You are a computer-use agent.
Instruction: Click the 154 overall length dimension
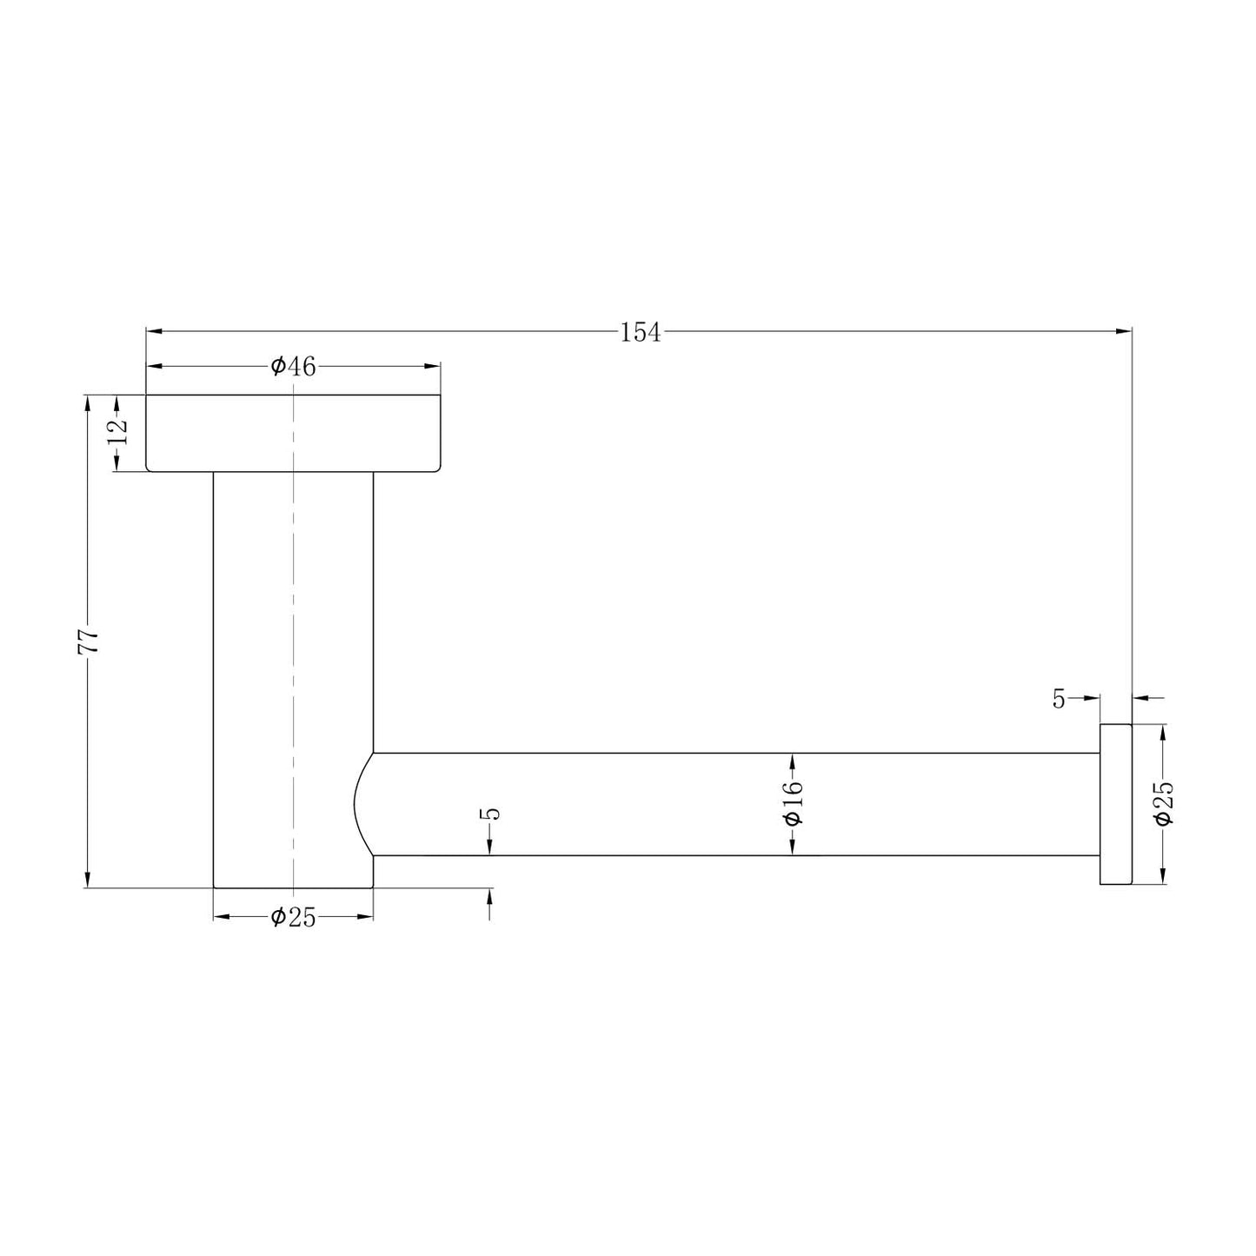640,332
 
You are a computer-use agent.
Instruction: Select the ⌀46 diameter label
293,367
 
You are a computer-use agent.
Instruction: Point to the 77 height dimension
89,641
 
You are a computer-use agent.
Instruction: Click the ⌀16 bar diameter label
793,804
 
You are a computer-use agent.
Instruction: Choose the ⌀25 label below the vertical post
293,917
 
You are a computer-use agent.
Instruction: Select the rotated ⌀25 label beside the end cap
1163,803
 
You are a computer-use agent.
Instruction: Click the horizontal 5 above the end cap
1059,699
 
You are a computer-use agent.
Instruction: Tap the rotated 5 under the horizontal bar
492,814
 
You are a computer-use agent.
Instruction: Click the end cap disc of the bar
1115,804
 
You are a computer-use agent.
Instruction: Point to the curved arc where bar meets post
359,804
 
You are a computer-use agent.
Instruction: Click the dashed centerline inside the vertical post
294,652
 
